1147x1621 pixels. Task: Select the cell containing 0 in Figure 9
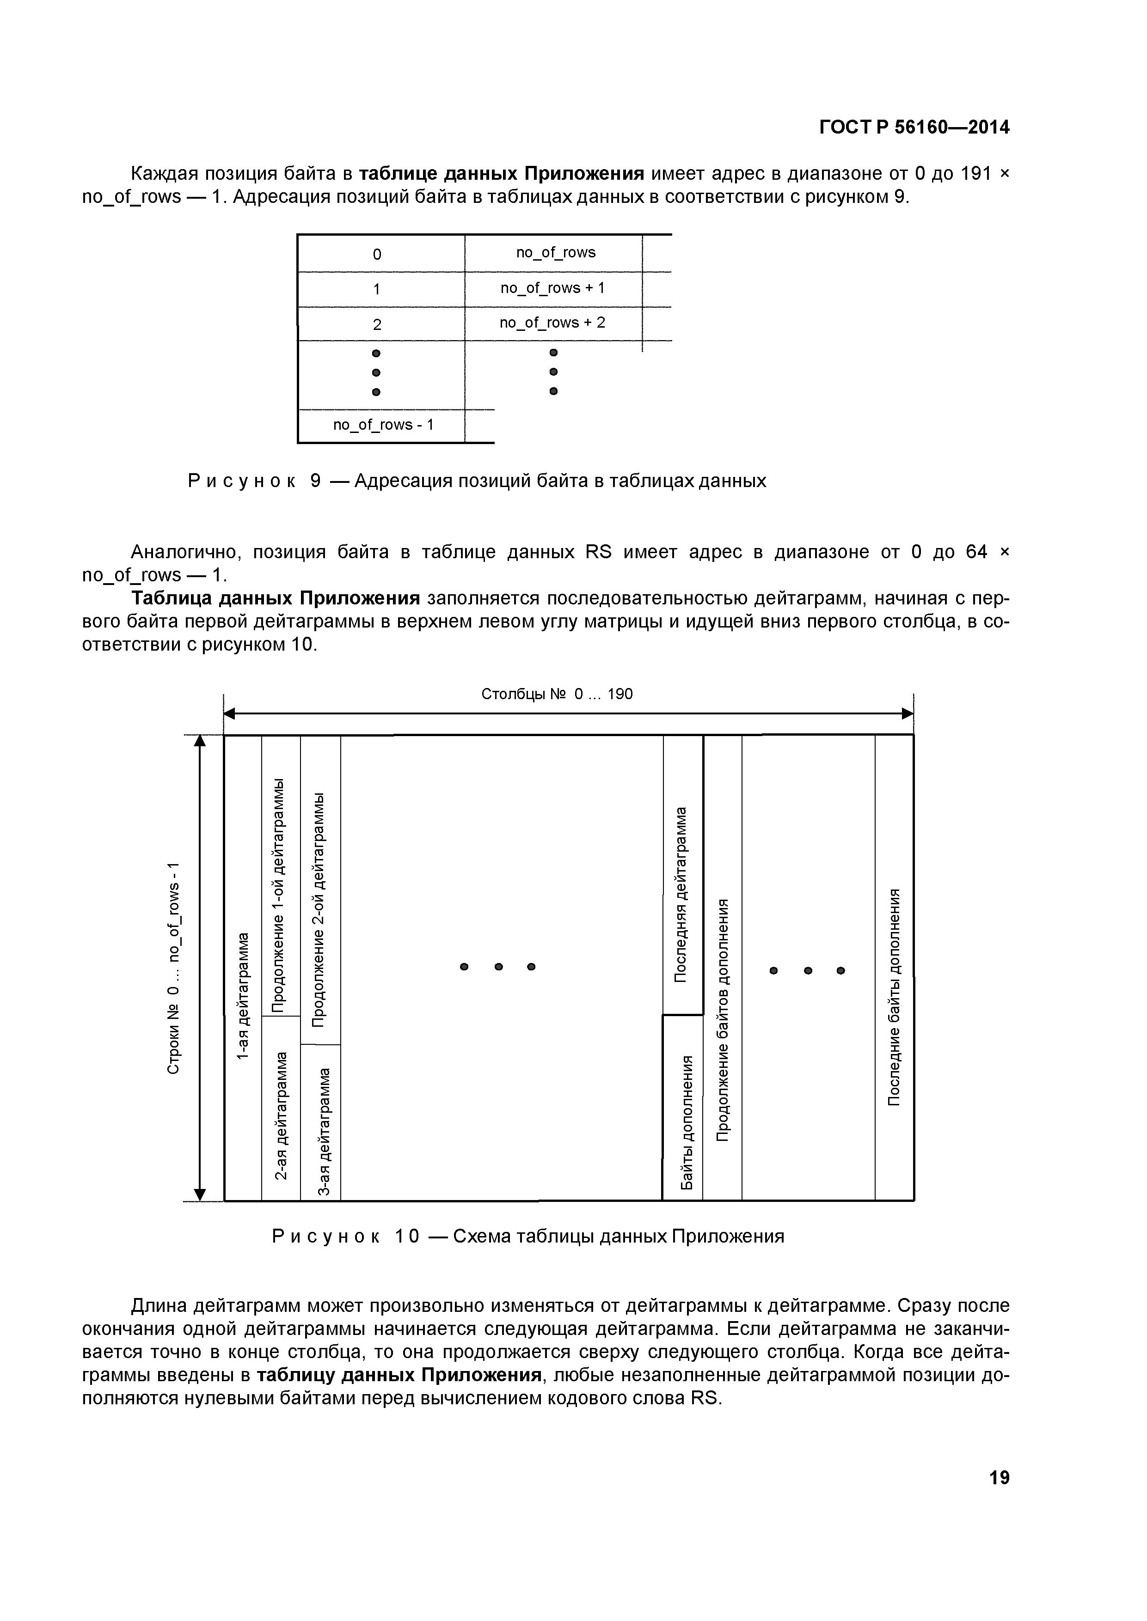click(x=377, y=254)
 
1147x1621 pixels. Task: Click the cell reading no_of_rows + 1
click(x=552, y=288)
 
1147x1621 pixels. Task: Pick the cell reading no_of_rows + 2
click(x=552, y=323)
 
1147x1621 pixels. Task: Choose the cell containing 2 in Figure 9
click(x=377, y=324)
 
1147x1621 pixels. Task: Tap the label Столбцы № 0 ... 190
click(x=557, y=694)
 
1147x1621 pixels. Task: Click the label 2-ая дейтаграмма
click(x=281, y=1115)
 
